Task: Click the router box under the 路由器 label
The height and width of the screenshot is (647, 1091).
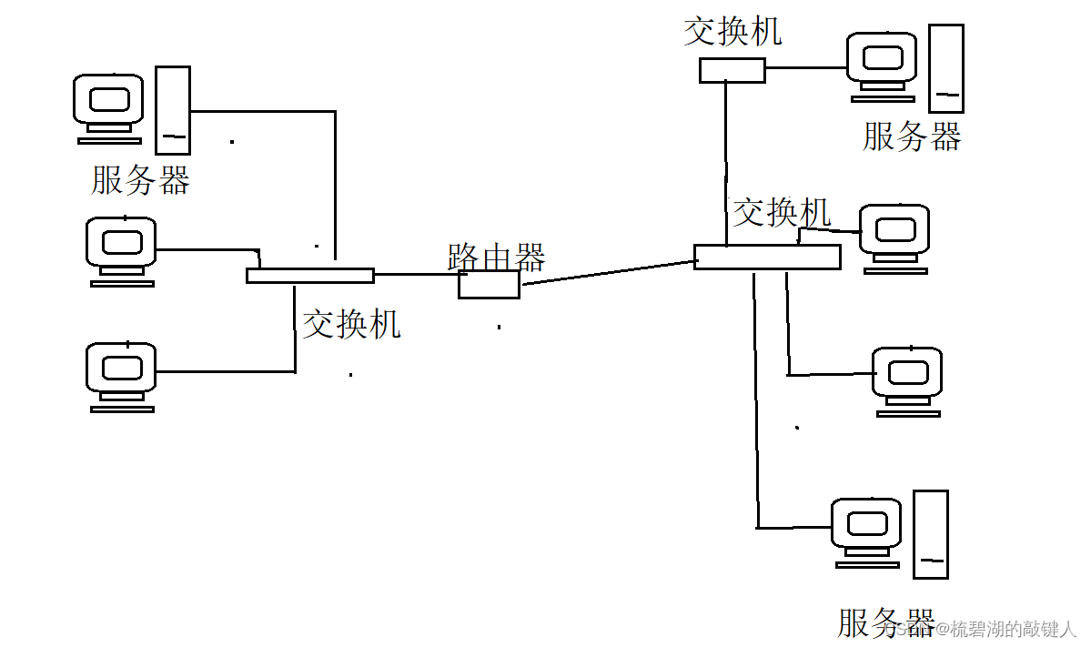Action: click(489, 285)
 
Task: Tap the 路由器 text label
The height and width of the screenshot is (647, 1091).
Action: click(496, 258)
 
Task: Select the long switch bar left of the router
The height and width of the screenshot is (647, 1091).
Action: click(309, 276)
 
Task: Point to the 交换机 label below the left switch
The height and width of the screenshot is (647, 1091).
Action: click(351, 324)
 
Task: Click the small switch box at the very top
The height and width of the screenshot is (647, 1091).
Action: click(732, 70)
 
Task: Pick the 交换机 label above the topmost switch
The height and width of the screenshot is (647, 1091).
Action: click(732, 32)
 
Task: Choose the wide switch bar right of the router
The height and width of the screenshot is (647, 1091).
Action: click(766, 257)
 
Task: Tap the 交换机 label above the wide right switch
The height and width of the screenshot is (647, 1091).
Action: click(782, 212)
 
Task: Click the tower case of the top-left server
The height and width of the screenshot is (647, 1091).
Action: click(173, 109)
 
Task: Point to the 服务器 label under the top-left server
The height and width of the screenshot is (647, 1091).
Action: click(140, 179)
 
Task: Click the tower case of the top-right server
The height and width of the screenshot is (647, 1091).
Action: click(945, 68)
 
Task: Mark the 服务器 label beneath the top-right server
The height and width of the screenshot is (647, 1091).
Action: click(912, 137)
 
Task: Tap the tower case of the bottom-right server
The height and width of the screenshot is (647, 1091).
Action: click(931, 534)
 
